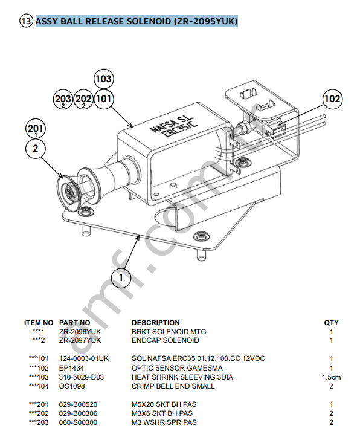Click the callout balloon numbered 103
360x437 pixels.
click(104, 79)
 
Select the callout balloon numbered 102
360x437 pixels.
click(332, 99)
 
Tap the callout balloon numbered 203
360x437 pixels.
click(63, 99)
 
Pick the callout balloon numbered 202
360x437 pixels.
click(83, 99)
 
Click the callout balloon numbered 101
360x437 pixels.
click(104, 99)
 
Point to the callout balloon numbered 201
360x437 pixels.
click(36, 129)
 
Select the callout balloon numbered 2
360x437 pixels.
click(36, 149)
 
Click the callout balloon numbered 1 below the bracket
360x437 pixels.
click(121, 277)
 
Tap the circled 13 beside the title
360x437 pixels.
click(27, 22)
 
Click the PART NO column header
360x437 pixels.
click(74, 323)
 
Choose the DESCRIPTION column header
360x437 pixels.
click(155, 323)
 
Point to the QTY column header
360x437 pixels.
click(331, 323)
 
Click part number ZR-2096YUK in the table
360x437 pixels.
click(80, 332)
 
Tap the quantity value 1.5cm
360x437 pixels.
click(331, 377)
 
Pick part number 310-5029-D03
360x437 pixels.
click(82, 377)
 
